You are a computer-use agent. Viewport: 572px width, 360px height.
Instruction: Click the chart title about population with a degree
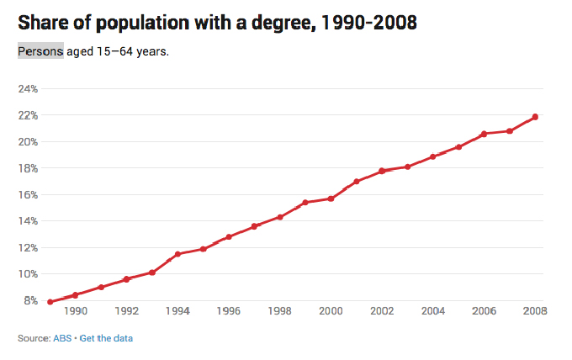tap(217, 23)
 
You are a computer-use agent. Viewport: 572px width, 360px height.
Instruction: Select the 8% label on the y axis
tap(30, 300)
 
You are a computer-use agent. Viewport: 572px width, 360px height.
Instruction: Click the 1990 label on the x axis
tap(76, 311)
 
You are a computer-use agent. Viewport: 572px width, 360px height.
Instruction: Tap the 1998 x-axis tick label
tap(280, 311)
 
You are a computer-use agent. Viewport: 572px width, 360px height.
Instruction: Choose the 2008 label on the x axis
tap(535, 311)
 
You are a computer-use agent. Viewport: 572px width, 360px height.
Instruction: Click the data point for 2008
tap(535, 117)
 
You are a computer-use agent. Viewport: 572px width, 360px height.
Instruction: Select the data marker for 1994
tap(177, 254)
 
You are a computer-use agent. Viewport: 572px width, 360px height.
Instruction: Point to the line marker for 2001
tap(357, 182)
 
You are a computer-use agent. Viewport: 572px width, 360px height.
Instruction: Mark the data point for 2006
tap(484, 134)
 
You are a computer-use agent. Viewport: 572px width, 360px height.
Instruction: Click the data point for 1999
tap(305, 203)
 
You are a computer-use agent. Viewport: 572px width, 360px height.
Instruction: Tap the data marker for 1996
tap(229, 236)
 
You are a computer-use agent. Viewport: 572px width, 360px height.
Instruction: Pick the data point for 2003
tap(407, 167)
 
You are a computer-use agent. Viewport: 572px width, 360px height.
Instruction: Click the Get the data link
tap(106, 338)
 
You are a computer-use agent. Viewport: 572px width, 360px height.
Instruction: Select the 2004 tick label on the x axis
tap(433, 311)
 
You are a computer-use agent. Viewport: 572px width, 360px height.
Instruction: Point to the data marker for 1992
tap(126, 279)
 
